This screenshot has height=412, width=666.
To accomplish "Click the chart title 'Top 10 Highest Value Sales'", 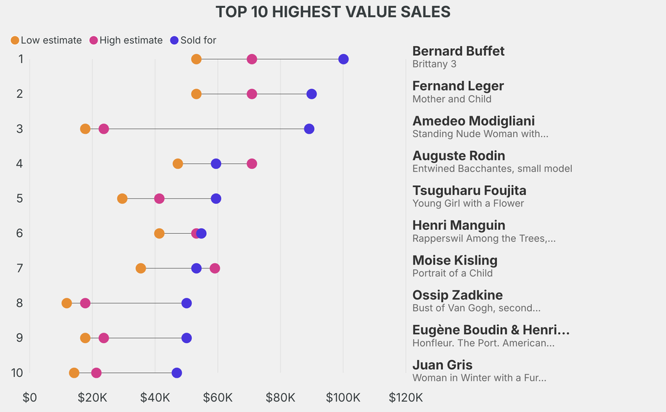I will tap(333, 12).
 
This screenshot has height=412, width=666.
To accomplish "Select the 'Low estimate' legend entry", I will tap(46, 40).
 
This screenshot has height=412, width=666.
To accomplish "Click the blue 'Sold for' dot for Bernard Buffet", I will tap(343, 59).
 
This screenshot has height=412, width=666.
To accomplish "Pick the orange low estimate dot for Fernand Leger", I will tap(196, 94).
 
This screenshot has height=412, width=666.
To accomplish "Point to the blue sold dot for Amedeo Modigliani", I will tap(309, 129).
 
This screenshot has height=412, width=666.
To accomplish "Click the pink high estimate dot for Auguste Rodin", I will tap(252, 164).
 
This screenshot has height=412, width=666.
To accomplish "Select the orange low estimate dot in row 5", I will tap(122, 198).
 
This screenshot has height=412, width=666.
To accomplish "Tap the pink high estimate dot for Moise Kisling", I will tap(215, 268).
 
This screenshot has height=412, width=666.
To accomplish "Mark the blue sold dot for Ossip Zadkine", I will tap(187, 303).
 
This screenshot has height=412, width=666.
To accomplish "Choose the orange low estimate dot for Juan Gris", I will tap(74, 373).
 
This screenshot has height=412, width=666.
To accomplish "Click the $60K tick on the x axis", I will tap(218, 397).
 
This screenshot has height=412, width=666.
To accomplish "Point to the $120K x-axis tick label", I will tap(406, 397).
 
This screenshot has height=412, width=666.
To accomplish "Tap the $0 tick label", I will tap(30, 397).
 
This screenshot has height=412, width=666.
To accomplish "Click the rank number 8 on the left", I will tap(20, 303).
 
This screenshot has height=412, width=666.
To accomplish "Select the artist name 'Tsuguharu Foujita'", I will tap(469, 190).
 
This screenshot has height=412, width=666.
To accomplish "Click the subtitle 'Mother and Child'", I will tap(452, 99).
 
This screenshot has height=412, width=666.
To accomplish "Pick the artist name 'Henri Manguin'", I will tap(459, 225).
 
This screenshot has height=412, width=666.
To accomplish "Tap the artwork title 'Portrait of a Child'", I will tap(453, 274).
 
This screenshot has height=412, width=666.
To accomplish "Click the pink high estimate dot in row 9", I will tap(103, 338).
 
